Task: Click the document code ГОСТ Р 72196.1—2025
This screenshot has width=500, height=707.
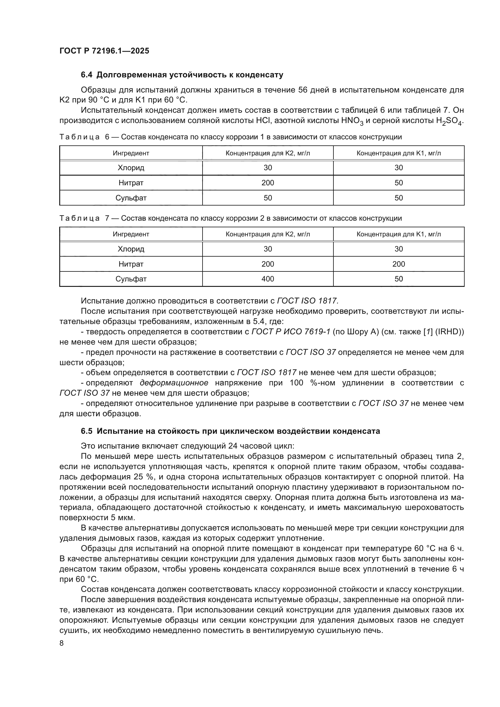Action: pos(104,51)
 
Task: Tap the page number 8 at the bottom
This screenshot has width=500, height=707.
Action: pos(62,643)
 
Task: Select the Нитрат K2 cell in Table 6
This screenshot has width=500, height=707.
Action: pos(268,183)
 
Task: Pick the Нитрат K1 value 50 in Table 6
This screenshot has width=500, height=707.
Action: pos(398,183)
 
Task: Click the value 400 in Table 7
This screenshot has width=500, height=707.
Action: pos(268,279)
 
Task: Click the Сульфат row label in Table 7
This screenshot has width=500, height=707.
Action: pos(131,279)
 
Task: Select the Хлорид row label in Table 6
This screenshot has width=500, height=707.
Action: pos(131,167)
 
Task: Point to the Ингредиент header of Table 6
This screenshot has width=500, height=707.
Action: pos(131,153)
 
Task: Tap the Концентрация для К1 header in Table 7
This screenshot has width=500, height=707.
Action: pos(398,234)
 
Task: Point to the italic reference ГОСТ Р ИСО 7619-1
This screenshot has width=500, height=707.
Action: pos(291,332)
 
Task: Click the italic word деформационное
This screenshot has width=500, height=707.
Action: pos(174,383)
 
